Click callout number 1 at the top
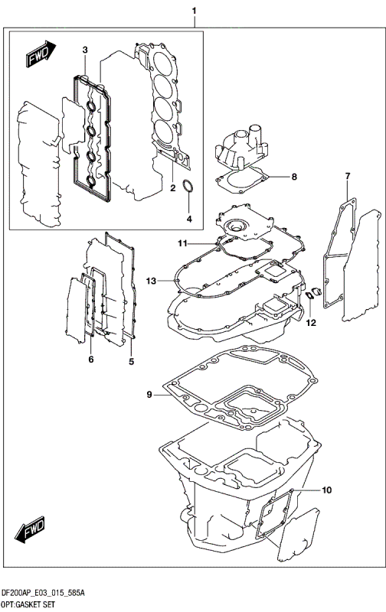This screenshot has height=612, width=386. [x=194, y=11]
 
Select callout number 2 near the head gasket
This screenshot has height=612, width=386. [x=173, y=187]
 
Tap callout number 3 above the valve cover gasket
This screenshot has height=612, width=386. [x=85, y=50]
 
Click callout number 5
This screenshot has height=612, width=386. [x=131, y=361]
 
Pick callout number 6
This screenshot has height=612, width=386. [x=90, y=360]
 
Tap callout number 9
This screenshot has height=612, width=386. [x=150, y=396]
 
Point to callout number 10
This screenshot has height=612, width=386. [x=326, y=490]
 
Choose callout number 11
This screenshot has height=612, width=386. [x=184, y=244]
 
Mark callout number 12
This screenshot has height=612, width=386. [x=312, y=323]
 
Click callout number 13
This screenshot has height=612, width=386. [x=152, y=282]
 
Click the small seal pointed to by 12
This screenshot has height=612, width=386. [x=311, y=296]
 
